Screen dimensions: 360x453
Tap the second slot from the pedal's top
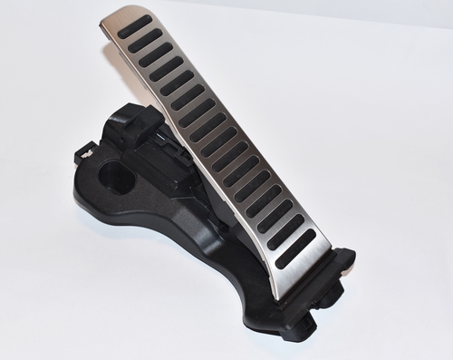pos(147,40)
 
